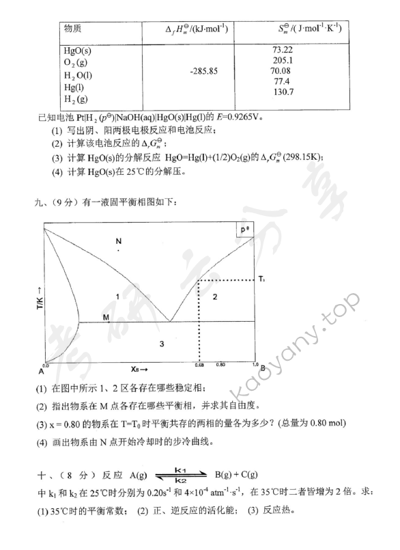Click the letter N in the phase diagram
click(x=118, y=242)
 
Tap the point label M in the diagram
click(x=106, y=318)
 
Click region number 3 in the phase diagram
click(x=162, y=344)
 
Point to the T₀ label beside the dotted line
click(x=261, y=279)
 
